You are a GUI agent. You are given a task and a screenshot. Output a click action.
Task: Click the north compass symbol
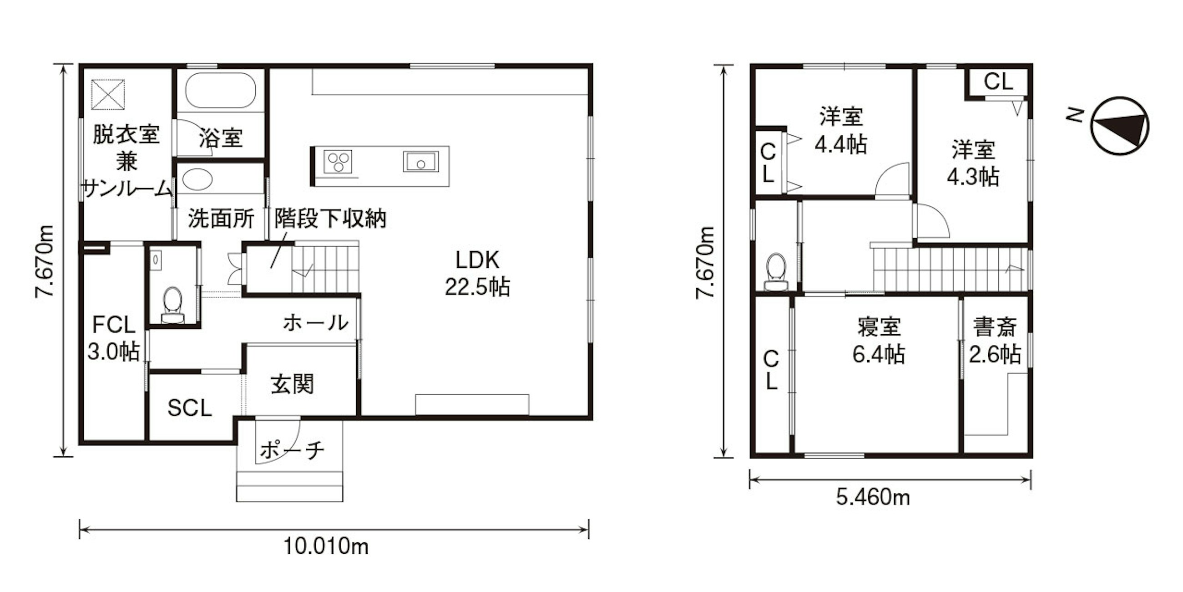click(x=1120, y=126)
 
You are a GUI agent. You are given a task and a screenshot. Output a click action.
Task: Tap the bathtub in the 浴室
click(x=220, y=90)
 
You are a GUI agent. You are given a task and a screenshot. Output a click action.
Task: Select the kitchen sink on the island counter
click(x=421, y=162)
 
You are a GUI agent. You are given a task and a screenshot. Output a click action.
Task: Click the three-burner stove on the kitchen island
click(x=338, y=162)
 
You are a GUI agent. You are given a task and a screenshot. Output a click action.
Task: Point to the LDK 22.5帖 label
click(x=477, y=274)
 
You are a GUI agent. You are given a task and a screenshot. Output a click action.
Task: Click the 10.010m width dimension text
click(x=326, y=546)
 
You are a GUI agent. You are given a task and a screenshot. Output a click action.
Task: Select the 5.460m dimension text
click(x=873, y=497)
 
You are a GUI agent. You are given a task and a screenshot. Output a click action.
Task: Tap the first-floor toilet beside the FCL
click(x=173, y=304)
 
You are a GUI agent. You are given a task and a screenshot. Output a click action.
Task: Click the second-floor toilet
click(x=776, y=271)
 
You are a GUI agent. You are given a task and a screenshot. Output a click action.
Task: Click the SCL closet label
click(x=190, y=408)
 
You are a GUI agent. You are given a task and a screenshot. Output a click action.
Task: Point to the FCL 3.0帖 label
click(x=113, y=338)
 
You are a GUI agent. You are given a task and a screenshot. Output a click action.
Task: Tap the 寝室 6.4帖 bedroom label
click(x=879, y=341)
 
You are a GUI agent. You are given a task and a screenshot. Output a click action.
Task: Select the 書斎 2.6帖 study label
click(x=995, y=341)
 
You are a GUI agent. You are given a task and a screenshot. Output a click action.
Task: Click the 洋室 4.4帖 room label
click(x=841, y=131)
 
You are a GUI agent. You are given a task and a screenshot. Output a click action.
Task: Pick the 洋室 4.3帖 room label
click(x=973, y=163)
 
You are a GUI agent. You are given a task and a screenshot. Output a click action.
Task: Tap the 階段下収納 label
click(x=330, y=219)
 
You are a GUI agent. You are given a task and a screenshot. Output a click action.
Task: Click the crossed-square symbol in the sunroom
click(x=108, y=95)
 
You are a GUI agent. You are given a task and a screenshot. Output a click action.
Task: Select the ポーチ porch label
click(x=293, y=450)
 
